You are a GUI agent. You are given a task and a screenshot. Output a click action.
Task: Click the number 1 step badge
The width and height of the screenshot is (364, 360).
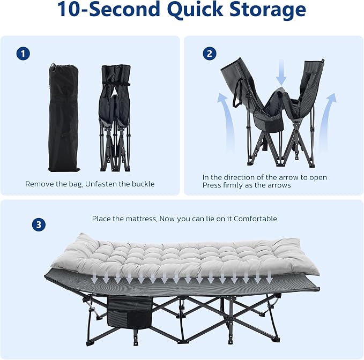tap(23, 54)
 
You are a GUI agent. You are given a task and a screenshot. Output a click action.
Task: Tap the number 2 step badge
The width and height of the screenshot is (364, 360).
tap(210, 54)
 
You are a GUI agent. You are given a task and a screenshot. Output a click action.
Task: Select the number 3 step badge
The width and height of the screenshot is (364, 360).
tap(39, 224)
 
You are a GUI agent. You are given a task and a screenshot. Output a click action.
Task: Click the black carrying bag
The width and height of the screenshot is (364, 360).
tap(64, 117)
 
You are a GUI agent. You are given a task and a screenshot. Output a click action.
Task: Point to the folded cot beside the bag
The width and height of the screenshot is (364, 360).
tap(115, 118)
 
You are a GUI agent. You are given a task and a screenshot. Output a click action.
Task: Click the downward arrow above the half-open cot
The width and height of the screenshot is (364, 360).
tap(281, 72)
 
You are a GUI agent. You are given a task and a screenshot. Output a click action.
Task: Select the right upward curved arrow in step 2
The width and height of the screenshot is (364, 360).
tap(328, 121)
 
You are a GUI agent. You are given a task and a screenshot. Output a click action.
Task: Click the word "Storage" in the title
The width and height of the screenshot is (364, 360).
tap(268, 9)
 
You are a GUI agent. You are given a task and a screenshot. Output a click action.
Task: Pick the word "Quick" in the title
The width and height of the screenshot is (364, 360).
tap(195, 10)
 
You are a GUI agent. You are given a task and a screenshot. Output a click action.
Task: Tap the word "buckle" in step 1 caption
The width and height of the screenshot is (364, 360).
tap(143, 184)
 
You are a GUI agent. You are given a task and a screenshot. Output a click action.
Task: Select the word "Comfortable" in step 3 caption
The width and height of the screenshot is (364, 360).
tap(255, 219)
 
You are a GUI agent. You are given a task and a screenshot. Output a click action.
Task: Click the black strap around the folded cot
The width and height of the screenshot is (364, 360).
tap(115, 84)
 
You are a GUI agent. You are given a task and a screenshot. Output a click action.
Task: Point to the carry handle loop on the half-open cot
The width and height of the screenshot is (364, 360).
tap(237, 93)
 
